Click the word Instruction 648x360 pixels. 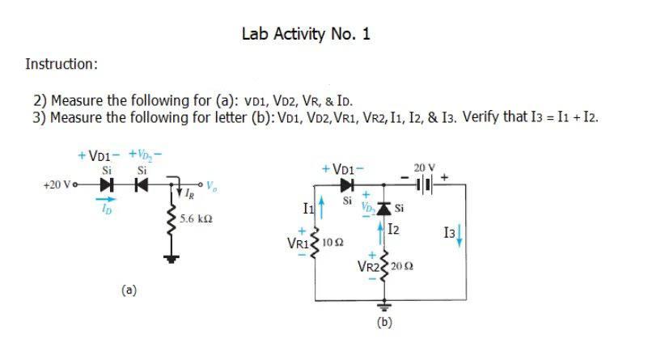61,63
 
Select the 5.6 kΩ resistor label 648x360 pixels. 197,219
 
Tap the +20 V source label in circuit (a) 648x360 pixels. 59,184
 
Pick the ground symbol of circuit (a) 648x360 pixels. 170,258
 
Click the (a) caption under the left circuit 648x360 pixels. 129,287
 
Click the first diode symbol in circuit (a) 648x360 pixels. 106,184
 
